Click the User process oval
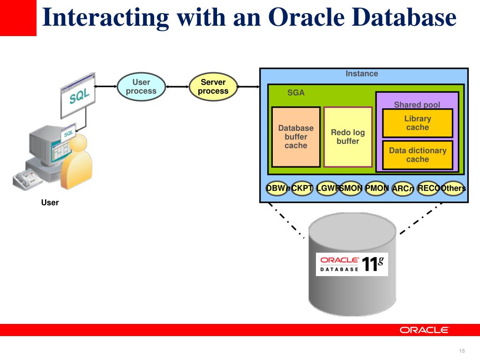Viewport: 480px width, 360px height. pos(141,87)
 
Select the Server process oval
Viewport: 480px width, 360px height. pos(213,87)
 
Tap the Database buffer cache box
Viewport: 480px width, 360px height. pos(296,137)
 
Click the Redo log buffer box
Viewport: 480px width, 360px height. pos(348,137)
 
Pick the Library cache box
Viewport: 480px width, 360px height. pos(418,123)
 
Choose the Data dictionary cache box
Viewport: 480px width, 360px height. pos(418,155)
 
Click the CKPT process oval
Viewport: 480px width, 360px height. pos(302,188)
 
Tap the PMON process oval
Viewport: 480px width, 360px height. pos(377,188)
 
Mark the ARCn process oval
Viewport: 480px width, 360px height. pos(403,189)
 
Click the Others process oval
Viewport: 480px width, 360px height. pos(453,188)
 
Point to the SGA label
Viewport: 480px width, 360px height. pos(296,93)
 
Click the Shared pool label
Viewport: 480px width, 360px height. pos(417,105)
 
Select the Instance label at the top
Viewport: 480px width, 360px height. pos(361,74)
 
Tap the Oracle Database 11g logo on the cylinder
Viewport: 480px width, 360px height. pos(352,263)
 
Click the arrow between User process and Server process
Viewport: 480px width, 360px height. pos(177,87)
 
